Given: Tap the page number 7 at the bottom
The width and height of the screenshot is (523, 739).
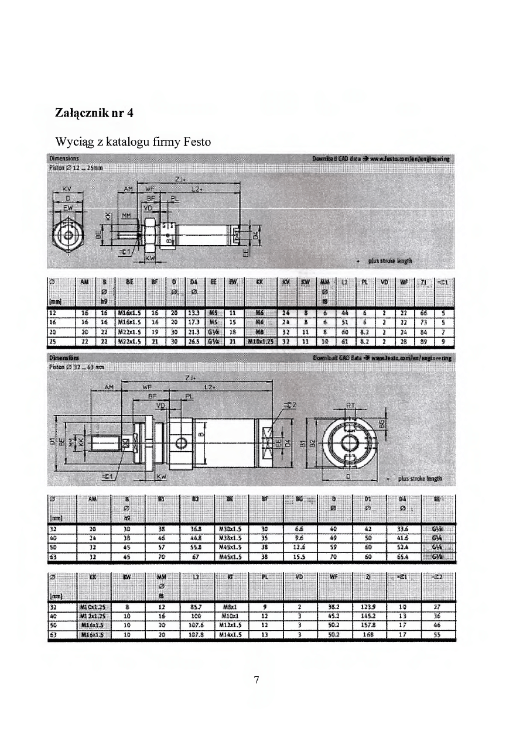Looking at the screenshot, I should coord(257,679).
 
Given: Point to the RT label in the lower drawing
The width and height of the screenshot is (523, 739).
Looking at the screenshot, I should coord(350,404).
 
